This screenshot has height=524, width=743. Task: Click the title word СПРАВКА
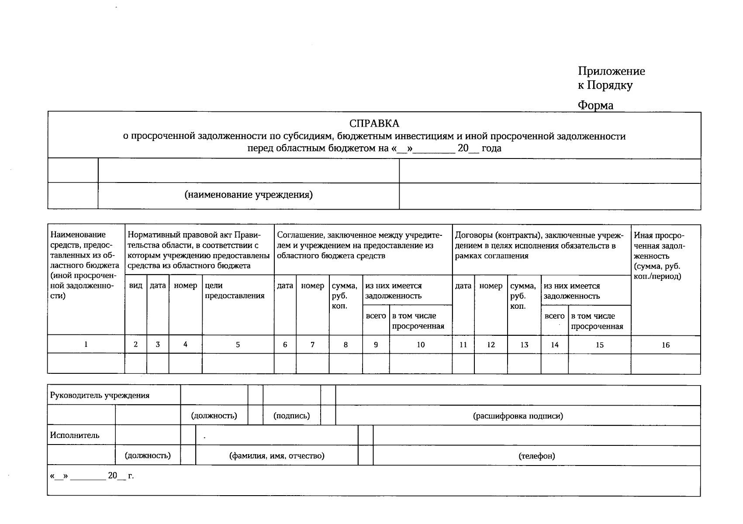(x=374, y=124)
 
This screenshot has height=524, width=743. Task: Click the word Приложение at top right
(x=611, y=71)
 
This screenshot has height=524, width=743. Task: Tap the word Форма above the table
(x=595, y=105)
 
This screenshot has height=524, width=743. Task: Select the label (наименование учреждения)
(x=249, y=195)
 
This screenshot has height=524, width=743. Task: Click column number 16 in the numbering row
(x=665, y=345)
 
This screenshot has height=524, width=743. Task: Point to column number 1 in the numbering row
(x=86, y=345)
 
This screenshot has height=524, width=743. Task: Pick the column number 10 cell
(x=420, y=345)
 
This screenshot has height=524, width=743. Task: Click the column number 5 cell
(x=238, y=345)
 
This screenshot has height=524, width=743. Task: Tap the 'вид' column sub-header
(x=136, y=286)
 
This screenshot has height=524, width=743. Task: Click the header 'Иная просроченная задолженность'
(x=659, y=255)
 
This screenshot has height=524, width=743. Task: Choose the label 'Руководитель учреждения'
(x=100, y=396)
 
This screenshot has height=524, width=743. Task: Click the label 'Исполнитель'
(x=75, y=435)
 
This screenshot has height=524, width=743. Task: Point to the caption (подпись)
(x=291, y=416)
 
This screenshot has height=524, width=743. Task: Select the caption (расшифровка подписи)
(x=518, y=416)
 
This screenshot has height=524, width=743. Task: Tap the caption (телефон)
(x=536, y=456)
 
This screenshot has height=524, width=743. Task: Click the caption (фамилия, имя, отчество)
(x=276, y=456)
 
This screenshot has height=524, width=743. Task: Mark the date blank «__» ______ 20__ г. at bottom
(x=92, y=476)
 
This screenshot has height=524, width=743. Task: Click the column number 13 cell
(x=524, y=345)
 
